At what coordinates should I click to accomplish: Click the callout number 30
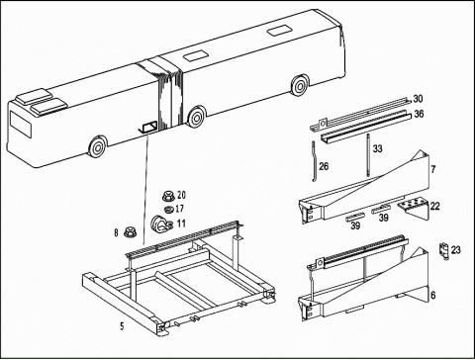tap(418, 99)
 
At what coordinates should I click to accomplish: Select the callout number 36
tap(419, 114)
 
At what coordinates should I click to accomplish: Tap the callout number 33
tap(378, 149)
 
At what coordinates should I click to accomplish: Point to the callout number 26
tap(324, 166)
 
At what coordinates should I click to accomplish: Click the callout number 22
tap(435, 207)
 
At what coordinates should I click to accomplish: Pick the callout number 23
tap(455, 250)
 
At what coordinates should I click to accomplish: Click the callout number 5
tap(122, 326)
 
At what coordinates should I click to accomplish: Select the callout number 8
tap(116, 233)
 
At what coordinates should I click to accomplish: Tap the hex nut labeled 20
tap(169, 196)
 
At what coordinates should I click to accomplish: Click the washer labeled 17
tap(169, 209)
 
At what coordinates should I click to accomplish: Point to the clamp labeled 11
tap(160, 225)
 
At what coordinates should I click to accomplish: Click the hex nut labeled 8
tap(130, 232)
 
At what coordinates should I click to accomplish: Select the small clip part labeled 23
tap(445, 250)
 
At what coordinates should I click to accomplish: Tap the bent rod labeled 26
tap(314, 161)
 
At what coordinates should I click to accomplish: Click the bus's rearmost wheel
tap(300, 85)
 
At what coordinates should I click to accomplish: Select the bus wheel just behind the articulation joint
tap(196, 117)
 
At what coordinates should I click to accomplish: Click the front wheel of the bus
tap(98, 146)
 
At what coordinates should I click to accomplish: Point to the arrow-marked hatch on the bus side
tap(148, 127)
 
